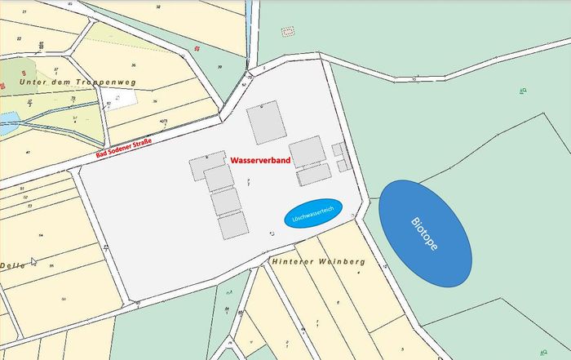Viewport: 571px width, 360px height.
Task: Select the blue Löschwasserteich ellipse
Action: [x=313, y=214]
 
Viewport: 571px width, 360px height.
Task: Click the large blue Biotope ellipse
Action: [x=425, y=233]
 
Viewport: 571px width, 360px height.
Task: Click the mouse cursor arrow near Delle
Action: [x=33, y=261]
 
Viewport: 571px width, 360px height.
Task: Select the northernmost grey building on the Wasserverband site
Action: [x=267, y=122]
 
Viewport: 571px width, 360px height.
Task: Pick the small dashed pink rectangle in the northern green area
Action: [x=287, y=32]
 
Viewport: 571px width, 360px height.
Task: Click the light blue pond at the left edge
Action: [x=7, y=125]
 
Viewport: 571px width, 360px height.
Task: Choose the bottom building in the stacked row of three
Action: [x=232, y=224]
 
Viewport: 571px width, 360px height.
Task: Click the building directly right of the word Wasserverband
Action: [x=308, y=151]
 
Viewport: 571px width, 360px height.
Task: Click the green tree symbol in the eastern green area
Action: [x=522, y=91]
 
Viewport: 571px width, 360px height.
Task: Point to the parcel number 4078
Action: [x=163, y=123]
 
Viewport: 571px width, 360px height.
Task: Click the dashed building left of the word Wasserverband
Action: [x=207, y=167]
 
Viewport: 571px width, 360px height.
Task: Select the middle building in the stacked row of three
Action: [x=225, y=201]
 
